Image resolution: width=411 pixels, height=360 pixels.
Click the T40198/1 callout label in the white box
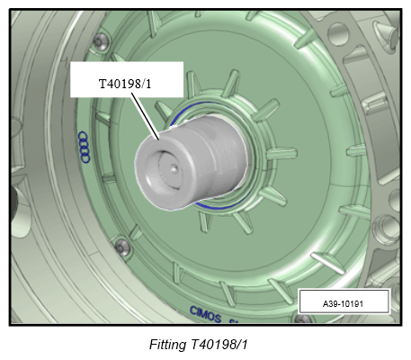(x=125, y=84)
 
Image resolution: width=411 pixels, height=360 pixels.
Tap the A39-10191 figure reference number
(x=343, y=304)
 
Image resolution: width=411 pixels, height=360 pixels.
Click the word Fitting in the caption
(x=167, y=344)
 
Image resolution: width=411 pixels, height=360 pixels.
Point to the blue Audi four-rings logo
(x=85, y=147)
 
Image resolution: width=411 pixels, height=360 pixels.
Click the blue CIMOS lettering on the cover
(x=205, y=314)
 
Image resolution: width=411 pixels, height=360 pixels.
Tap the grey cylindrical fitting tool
(x=192, y=162)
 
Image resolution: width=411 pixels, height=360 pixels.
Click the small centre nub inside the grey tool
(x=174, y=169)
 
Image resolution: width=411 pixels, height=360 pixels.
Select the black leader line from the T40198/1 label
(x=145, y=116)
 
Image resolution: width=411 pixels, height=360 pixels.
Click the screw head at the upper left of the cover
(x=101, y=41)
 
